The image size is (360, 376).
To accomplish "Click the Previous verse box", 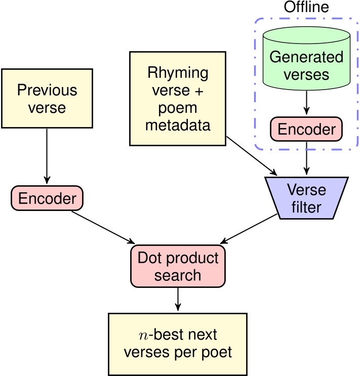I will [47, 98].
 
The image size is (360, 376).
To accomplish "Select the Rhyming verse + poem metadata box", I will [177, 98].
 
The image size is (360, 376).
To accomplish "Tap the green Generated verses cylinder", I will [306, 63].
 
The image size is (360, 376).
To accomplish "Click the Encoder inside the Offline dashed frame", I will [306, 130].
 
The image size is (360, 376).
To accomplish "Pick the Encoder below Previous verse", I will [47, 198].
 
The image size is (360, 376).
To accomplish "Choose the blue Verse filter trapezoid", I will [305, 198].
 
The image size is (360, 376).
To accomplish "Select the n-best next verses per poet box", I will [177, 344].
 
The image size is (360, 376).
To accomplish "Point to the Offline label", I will [305, 8].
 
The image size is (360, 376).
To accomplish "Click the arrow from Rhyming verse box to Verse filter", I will [250, 155].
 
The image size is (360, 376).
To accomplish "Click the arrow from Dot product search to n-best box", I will [177, 300].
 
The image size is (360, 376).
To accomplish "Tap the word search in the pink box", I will [177, 276].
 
